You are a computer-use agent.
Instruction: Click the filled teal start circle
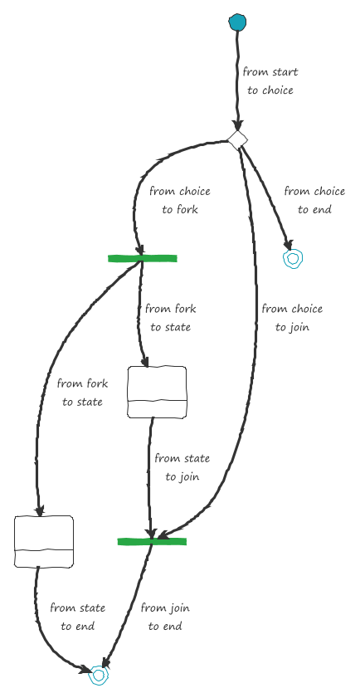237,22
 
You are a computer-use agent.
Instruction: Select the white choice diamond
237,139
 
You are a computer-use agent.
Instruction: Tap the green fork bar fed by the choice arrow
142,259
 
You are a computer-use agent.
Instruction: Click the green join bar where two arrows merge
152,541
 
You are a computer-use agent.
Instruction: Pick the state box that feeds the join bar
157,392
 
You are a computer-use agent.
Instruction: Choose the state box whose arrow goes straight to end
44,541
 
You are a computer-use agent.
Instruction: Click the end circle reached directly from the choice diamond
293,259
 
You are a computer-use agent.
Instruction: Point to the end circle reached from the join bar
99,675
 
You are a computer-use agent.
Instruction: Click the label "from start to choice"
270,81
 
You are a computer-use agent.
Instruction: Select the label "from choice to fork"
180,200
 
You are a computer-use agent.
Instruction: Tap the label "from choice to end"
314,200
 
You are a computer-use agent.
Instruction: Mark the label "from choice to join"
292,318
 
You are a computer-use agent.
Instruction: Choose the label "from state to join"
182,467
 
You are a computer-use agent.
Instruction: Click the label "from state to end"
78,617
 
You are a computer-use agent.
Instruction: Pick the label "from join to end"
165,617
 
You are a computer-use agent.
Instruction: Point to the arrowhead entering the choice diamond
237,125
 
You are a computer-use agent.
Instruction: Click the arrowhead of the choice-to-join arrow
163,534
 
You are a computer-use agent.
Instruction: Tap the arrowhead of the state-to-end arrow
85,669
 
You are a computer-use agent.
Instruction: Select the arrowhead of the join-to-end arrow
105,661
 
